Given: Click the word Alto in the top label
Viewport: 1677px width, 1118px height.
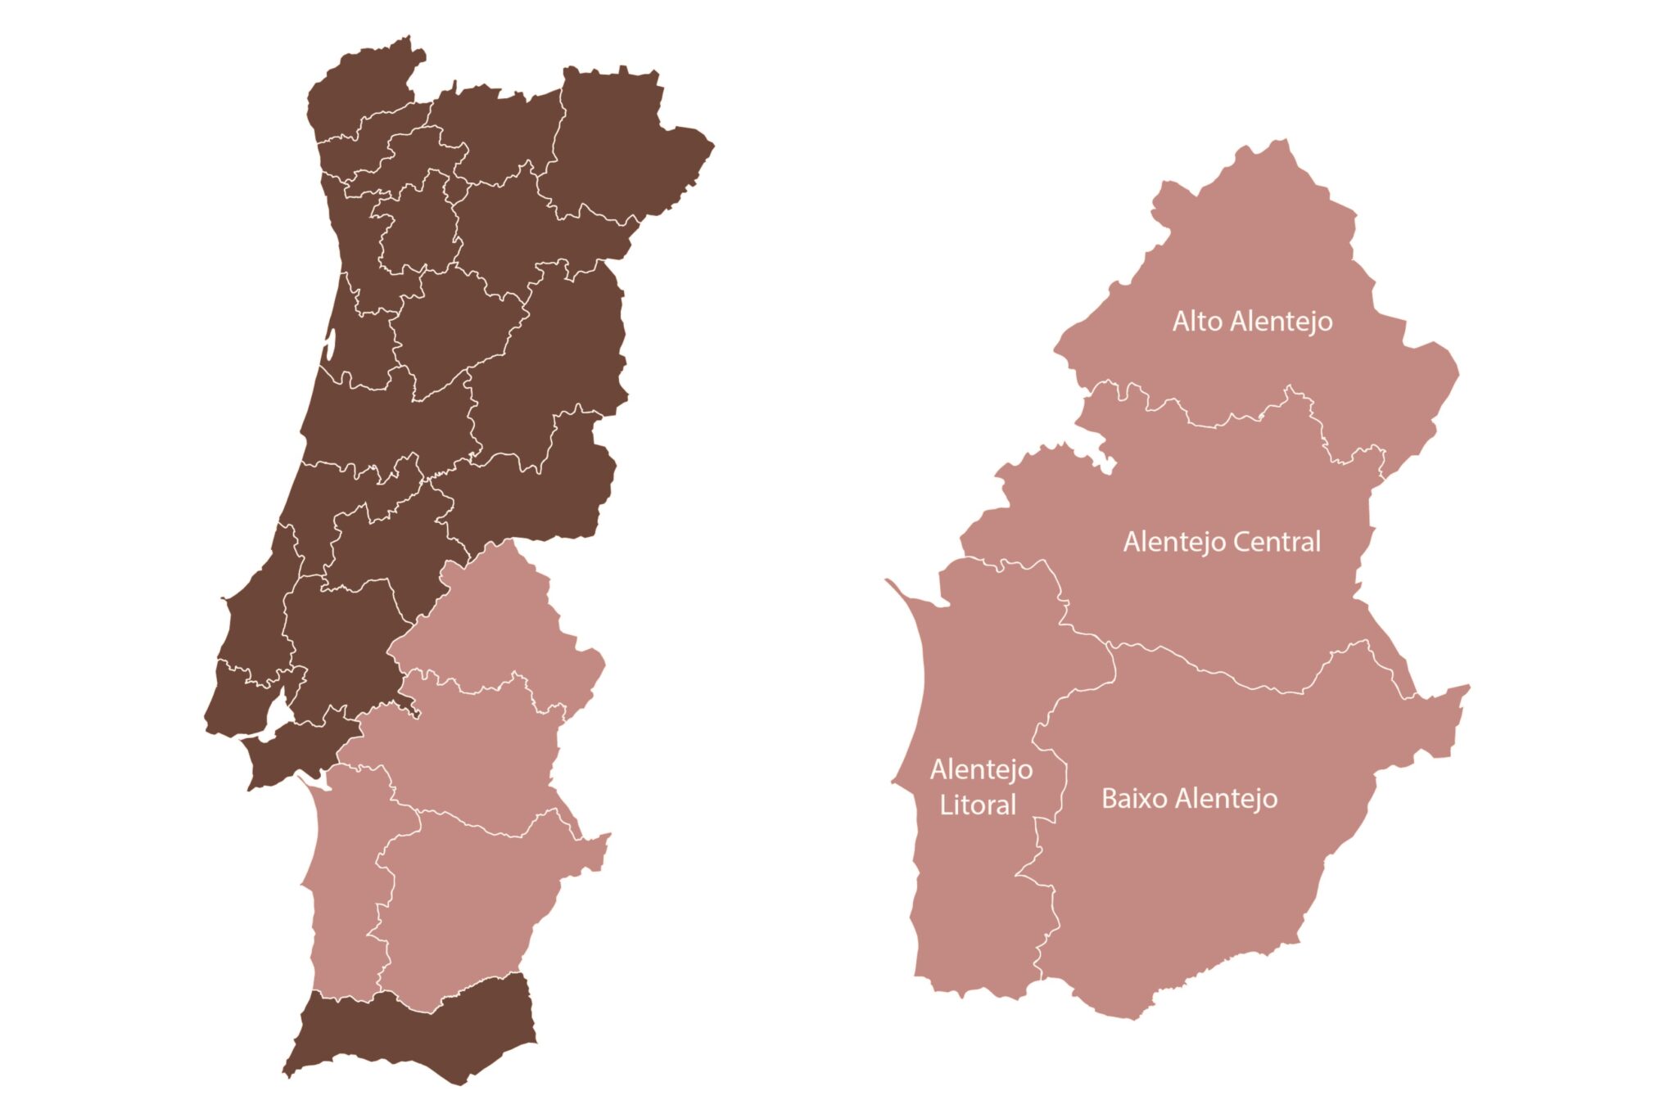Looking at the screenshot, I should (1197, 321).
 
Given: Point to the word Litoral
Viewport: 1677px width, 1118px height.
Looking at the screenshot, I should (978, 805).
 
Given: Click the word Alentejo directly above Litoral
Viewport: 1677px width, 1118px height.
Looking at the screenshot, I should (981, 770).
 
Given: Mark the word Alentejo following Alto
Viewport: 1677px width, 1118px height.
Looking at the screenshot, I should (1281, 322).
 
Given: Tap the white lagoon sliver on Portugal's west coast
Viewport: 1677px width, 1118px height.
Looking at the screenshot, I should (330, 345).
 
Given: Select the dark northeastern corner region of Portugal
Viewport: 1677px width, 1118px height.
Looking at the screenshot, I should (622, 147).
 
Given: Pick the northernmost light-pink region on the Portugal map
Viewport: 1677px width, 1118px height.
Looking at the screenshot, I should (491, 622).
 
